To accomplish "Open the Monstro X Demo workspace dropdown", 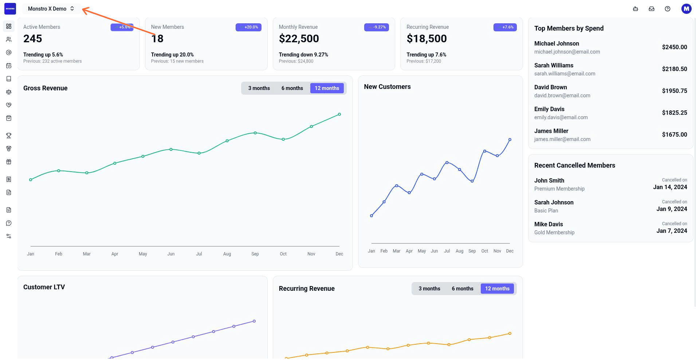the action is [x=51, y=9].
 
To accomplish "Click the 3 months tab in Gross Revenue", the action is [x=259, y=88].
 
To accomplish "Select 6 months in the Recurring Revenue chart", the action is [x=463, y=289].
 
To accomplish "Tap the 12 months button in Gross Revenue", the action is [x=327, y=88].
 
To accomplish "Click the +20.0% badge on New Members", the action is [x=248, y=27].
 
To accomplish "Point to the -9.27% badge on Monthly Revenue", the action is [x=377, y=27].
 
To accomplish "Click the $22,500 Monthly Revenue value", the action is [x=299, y=39].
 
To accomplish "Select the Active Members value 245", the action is [x=33, y=39].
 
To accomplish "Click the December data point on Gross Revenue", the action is [x=339, y=114].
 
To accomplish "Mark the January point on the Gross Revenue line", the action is [x=31, y=180].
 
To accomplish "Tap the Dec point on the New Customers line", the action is [x=510, y=140].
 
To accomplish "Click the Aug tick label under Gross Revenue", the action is [x=227, y=254].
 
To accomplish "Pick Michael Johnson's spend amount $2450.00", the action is [x=675, y=47].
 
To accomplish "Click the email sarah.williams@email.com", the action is [x=565, y=74].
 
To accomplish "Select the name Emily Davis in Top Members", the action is [x=549, y=109].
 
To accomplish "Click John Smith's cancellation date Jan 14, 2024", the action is [x=670, y=187].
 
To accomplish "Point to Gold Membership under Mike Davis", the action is [x=554, y=232].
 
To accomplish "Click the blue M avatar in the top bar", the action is [x=686, y=9].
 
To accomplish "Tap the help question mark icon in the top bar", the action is [x=668, y=9].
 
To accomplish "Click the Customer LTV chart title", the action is [x=44, y=287].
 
